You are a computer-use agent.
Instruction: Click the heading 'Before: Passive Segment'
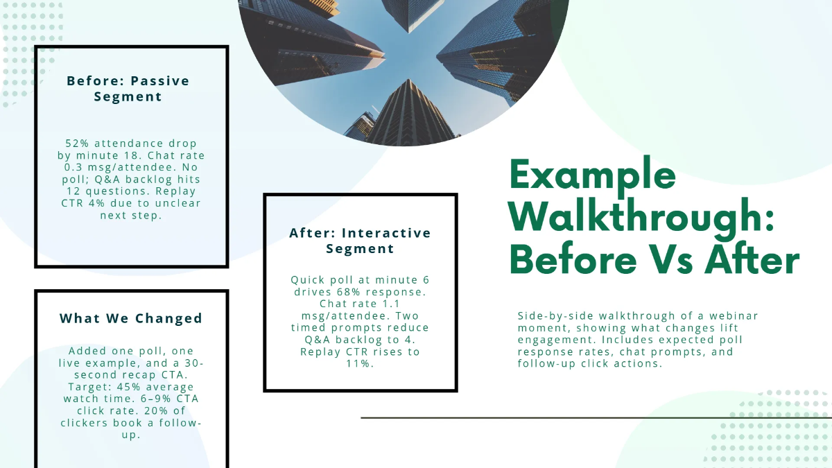(128, 89)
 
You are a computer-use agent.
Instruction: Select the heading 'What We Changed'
(131, 318)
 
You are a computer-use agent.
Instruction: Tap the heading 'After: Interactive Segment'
(360, 241)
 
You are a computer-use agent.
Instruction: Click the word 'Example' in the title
(593, 175)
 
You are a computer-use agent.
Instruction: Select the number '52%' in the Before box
(77, 144)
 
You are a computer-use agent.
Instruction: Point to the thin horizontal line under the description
(596, 418)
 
